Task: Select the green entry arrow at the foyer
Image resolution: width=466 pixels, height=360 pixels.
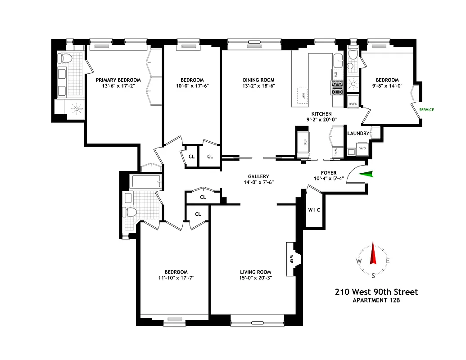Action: pyautogui.click(x=368, y=175)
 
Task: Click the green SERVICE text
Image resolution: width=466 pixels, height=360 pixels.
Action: pyautogui.click(x=426, y=110)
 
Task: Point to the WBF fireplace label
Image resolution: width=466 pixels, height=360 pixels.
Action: pyautogui.click(x=291, y=260)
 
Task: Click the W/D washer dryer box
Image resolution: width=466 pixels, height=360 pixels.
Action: pyautogui.click(x=362, y=148)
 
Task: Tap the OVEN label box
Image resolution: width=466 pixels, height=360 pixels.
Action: pyautogui.click(x=353, y=104)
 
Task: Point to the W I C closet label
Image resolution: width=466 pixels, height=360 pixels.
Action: pyautogui.click(x=314, y=210)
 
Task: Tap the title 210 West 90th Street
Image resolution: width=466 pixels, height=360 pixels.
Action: pyautogui.click(x=376, y=292)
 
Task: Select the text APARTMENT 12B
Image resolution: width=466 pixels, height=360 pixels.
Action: pyautogui.click(x=376, y=301)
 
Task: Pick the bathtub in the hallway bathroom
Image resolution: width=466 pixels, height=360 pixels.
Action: pyautogui.click(x=146, y=181)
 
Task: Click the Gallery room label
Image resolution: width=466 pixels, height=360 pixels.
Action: pyautogui.click(x=258, y=176)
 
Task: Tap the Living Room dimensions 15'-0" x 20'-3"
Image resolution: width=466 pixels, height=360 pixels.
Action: pyautogui.click(x=255, y=278)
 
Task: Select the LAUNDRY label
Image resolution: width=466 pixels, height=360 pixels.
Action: pyautogui.click(x=358, y=133)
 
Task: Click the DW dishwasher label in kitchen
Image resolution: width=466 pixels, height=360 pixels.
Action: pyautogui.click(x=335, y=74)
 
